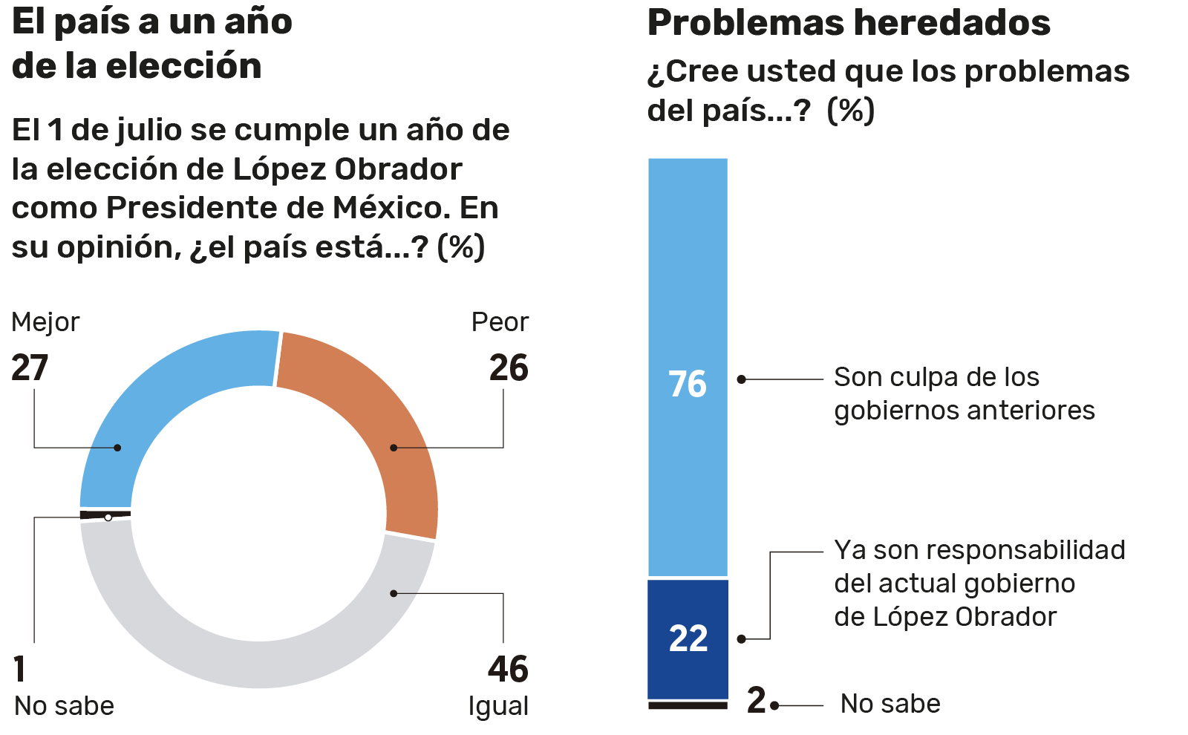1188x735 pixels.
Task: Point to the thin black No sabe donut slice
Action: tap(104, 514)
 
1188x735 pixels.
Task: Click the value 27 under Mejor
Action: tap(30, 368)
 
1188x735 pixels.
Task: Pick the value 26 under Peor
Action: tap(509, 368)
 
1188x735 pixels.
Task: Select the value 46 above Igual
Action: tap(508, 669)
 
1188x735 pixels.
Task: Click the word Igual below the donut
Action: tap(498, 705)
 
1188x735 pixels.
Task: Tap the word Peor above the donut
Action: tap(500, 322)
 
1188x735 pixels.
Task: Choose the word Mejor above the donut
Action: tap(45, 322)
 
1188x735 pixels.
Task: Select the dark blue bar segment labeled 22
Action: tap(688, 638)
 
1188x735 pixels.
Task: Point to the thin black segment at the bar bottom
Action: tap(688, 705)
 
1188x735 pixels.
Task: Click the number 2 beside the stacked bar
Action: tap(756, 700)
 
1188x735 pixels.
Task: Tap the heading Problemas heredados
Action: tap(849, 22)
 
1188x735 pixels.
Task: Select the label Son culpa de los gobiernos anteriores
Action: tap(964, 393)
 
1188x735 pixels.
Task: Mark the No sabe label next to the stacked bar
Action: tap(890, 703)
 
